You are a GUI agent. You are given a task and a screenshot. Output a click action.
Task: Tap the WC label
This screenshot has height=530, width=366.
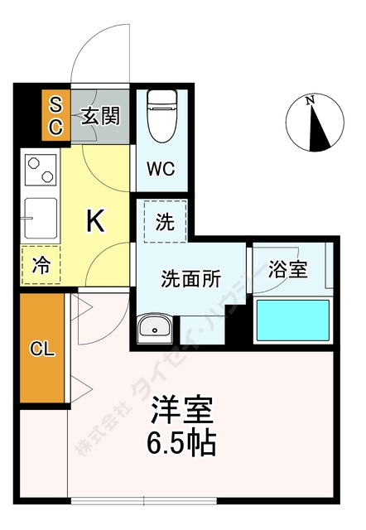coord(160,169)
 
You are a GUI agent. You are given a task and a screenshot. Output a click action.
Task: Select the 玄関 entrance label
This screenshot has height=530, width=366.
coord(99,116)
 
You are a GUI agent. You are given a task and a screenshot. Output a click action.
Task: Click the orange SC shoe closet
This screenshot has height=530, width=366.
coord(55,115)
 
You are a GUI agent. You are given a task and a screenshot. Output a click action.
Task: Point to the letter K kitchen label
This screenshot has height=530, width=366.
coord(96,220)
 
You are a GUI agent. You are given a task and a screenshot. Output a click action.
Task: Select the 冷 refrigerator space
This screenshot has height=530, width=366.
coord(40,266)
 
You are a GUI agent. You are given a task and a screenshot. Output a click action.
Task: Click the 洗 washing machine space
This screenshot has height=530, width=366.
coord(164,222)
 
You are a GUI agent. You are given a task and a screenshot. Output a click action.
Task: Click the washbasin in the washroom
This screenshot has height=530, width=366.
coord(154,330)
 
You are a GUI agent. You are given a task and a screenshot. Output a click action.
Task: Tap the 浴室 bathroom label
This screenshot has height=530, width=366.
coord(289,269)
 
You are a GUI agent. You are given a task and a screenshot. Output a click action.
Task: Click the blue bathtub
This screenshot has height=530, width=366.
coord(292,320)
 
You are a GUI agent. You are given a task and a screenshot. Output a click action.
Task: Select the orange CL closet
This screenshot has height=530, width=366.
coord(41,349)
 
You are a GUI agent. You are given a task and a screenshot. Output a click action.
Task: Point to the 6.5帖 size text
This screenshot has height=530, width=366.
coord(183,443)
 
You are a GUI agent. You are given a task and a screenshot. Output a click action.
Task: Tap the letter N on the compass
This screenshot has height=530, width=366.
coord(310,101)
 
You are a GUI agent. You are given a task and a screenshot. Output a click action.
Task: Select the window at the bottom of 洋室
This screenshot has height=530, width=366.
coord(145,500)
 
